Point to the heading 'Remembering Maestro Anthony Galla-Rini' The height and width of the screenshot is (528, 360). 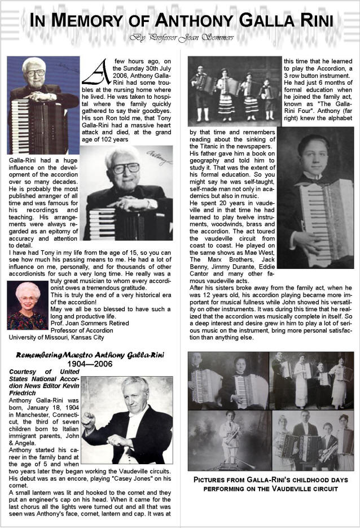[90, 355]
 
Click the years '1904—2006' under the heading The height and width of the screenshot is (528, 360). [90, 364]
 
